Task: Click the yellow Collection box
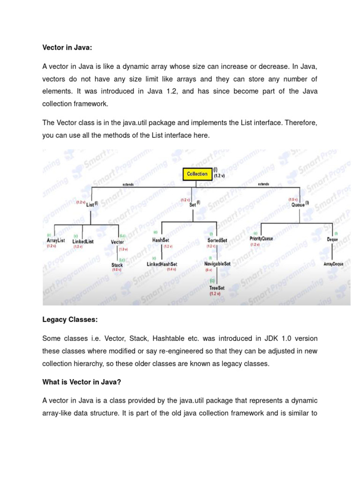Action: (197, 174)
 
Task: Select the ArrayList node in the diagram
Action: (56, 240)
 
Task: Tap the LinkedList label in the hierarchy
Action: (83, 241)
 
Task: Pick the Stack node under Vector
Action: (117, 265)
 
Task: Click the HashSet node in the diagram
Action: (160, 240)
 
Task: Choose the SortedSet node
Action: (217, 240)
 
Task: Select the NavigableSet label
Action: (217, 264)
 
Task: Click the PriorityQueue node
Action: (261, 239)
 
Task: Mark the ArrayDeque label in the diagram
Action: (333, 264)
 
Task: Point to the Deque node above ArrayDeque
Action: (332, 239)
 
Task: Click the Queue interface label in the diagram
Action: (298, 205)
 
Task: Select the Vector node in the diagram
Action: (117, 242)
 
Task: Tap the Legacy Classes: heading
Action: (70, 319)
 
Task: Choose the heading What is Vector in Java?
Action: (82, 382)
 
